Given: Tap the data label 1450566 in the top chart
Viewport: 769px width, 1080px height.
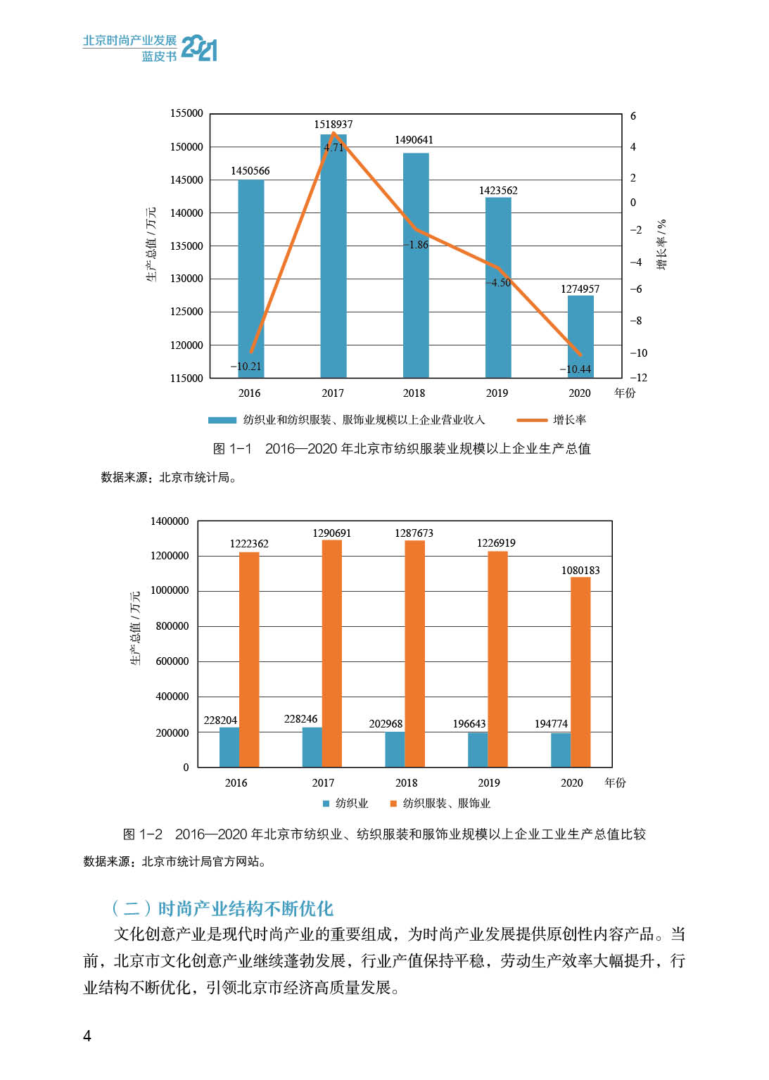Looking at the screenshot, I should [250, 171].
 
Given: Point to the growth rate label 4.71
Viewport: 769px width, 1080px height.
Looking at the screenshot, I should [333, 148].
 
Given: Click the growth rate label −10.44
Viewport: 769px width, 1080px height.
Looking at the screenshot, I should [575, 369].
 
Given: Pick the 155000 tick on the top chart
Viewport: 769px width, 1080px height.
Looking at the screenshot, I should [186, 113].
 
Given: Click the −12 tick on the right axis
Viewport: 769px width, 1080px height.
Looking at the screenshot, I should [638, 378].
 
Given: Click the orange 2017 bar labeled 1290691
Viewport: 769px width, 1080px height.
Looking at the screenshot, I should [332, 654].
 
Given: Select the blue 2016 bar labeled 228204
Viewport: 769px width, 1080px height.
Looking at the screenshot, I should [229, 747].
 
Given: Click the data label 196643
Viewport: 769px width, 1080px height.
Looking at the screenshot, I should [469, 724].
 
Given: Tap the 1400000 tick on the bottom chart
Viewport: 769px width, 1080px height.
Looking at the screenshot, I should [170, 521].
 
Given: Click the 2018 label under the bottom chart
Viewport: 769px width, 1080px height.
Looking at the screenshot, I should [406, 783].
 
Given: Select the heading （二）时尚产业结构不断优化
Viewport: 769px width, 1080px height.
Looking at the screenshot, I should [222, 908].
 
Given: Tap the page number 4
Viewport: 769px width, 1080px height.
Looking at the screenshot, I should [87, 1036].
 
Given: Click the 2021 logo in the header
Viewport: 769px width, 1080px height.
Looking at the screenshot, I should [199, 48].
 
